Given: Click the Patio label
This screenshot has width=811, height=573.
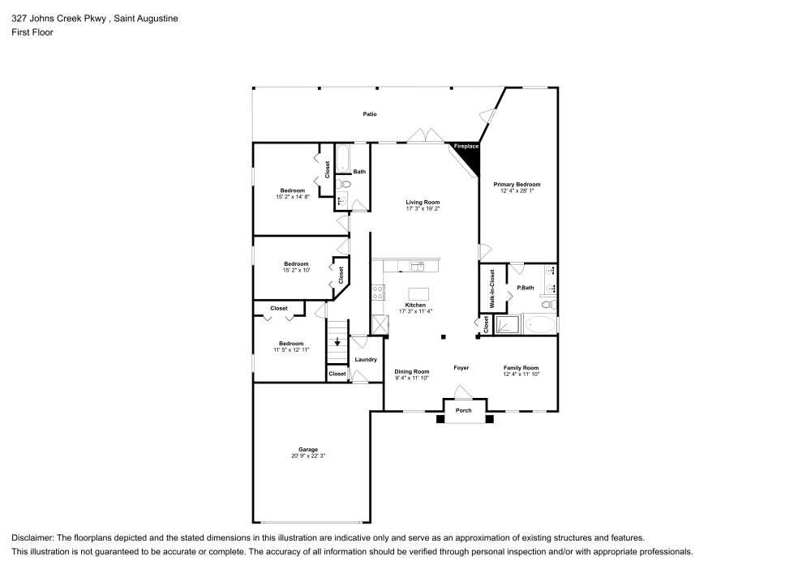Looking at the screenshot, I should click(x=369, y=114).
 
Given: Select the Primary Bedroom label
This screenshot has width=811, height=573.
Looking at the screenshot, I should click(x=517, y=184).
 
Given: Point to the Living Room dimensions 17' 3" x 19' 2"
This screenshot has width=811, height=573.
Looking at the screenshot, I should click(x=423, y=208).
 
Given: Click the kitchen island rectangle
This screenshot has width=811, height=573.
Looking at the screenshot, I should click(x=418, y=293).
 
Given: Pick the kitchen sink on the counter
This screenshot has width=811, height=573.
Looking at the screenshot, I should click(x=418, y=265).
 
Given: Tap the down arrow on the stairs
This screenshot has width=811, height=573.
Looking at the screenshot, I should click(x=337, y=341).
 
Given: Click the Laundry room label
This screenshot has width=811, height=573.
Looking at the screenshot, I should click(x=366, y=359).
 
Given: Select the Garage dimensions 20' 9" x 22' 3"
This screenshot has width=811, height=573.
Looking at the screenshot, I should click(x=307, y=456).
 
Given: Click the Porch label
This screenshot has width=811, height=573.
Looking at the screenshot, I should click(x=463, y=410).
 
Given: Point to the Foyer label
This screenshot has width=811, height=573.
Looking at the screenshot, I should click(x=461, y=368).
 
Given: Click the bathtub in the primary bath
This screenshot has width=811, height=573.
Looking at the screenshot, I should click(x=540, y=326).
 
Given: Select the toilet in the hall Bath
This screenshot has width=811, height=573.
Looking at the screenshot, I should click(x=343, y=183).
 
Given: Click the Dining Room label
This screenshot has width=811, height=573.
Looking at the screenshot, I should click(x=412, y=371).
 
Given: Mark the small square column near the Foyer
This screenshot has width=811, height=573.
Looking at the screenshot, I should click(x=443, y=336).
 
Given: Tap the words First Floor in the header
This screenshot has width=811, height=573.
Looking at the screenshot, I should click(x=32, y=32).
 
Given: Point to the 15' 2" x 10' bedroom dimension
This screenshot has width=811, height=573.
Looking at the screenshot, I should click(x=296, y=270).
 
